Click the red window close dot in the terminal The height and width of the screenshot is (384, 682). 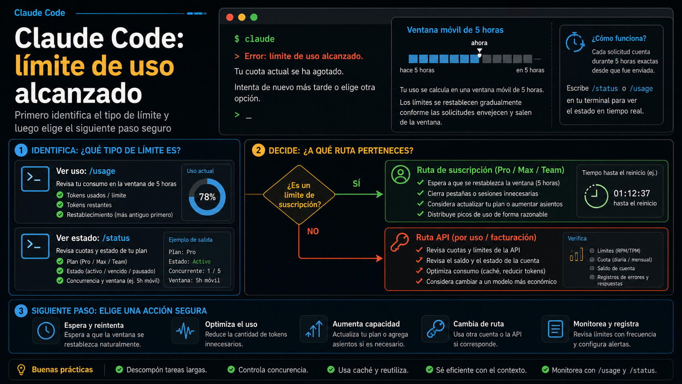pyautogui.click(x=230, y=18)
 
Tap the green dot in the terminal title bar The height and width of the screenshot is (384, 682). pyautogui.click(x=254, y=18)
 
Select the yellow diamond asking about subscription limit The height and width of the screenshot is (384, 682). pyautogui.click(x=299, y=195)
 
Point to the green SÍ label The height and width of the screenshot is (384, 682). pyautogui.click(x=356, y=183)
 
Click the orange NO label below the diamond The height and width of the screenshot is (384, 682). pyautogui.click(x=313, y=231)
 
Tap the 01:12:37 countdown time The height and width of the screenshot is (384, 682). pyautogui.click(x=632, y=193)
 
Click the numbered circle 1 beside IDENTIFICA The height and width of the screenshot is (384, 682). pyautogui.click(x=21, y=151)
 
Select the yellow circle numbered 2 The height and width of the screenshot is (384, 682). pyautogui.click(x=259, y=151)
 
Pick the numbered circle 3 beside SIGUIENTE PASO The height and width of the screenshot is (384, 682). pyautogui.click(x=21, y=311)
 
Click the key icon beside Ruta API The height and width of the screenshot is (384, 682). pyautogui.click(x=399, y=242)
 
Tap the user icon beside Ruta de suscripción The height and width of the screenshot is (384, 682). pyautogui.click(x=401, y=175)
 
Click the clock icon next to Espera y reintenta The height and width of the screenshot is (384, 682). pyautogui.click(x=46, y=331)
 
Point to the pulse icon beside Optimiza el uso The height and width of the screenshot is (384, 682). pyautogui.click(x=185, y=331)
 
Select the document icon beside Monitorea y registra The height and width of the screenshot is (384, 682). pyautogui.click(x=555, y=329)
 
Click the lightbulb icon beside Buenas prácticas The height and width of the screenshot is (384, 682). pyautogui.click(x=21, y=370)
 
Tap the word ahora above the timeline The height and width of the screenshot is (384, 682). pyautogui.click(x=479, y=43)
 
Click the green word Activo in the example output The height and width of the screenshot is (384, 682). pyautogui.click(x=201, y=262)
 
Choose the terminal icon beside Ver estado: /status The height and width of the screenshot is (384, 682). pyautogui.click(x=35, y=246)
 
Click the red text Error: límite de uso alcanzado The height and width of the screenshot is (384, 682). pyautogui.click(x=304, y=56)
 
